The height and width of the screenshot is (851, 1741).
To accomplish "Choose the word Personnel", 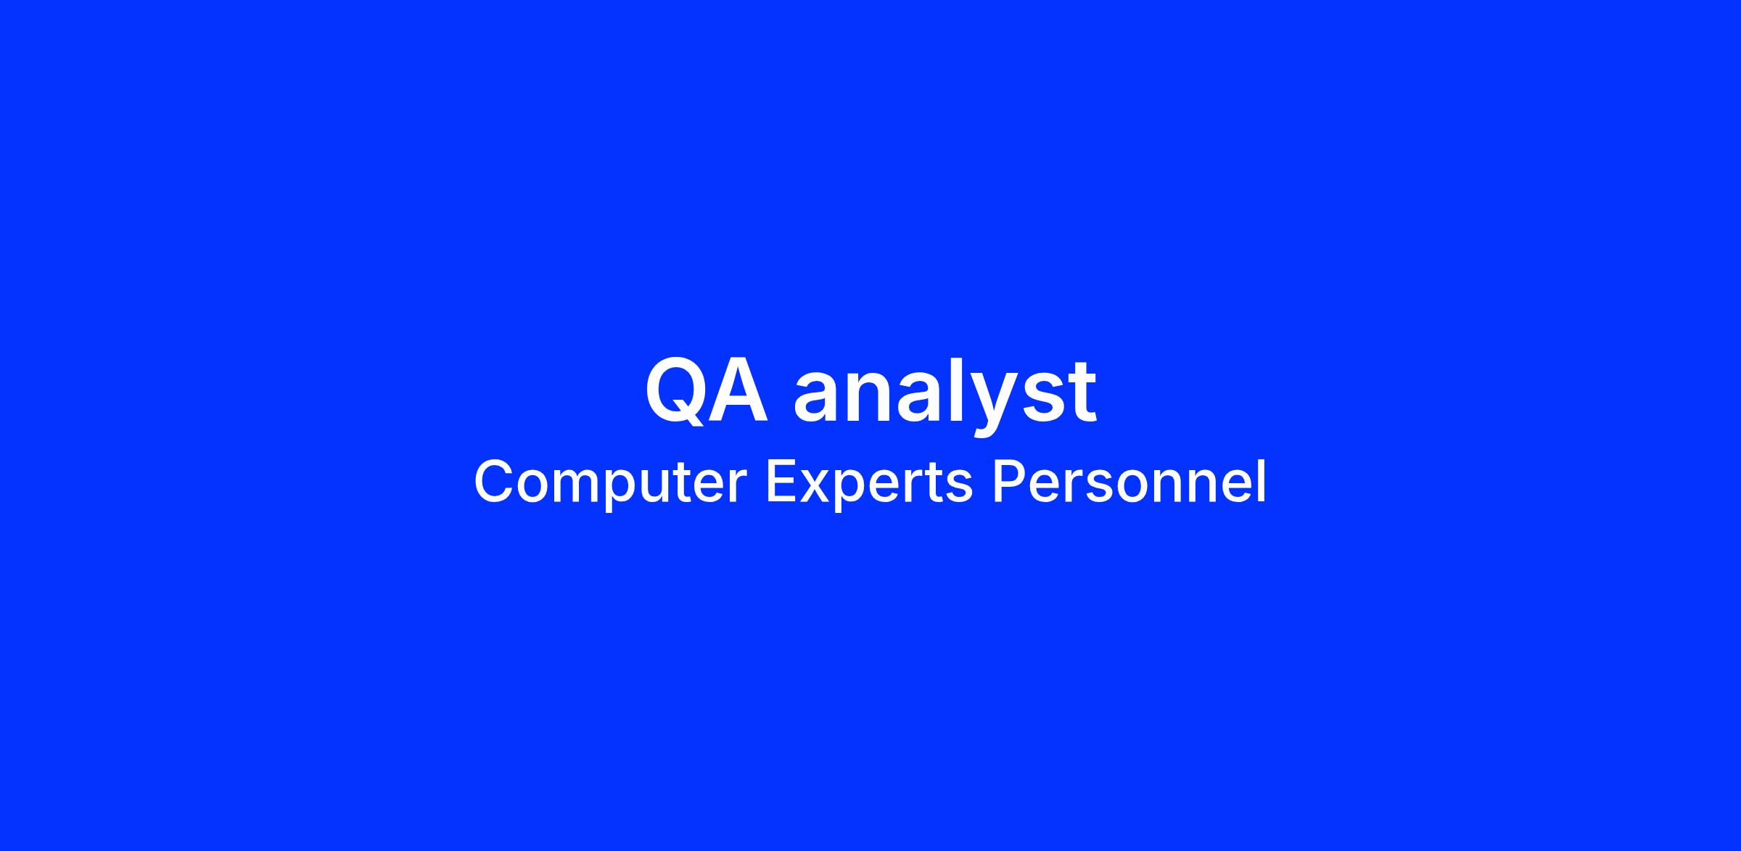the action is coord(1129,482).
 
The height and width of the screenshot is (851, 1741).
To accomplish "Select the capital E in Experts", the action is coord(781,482).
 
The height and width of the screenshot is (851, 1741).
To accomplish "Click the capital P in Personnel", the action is coord(1008,482).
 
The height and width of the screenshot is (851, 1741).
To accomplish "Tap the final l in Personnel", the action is coord(1262,482).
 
